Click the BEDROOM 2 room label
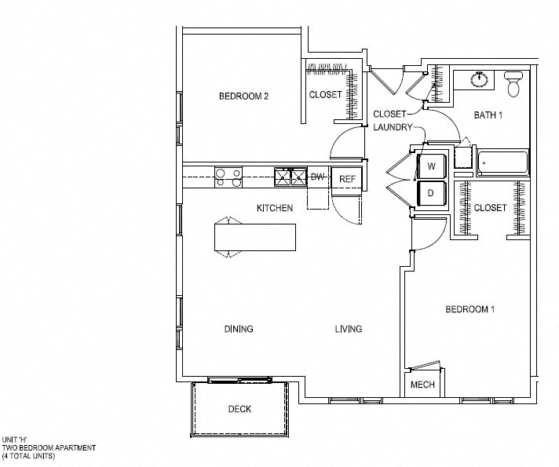[243, 97]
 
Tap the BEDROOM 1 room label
[469, 309]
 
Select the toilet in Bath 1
[513, 84]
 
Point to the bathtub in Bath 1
[503, 163]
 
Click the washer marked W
[432, 166]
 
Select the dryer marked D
[432, 193]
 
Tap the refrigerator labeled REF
[347, 179]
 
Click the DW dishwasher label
[317, 177]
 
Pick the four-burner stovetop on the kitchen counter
[228, 177]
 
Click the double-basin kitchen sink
[290, 177]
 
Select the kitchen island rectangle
[255, 237]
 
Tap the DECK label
[239, 409]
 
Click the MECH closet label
[422, 385]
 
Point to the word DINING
[239, 329]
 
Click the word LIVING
[349, 329]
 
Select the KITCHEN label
[275, 208]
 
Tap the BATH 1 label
[488, 115]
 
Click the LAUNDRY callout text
[393, 127]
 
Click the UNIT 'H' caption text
[15, 440]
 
